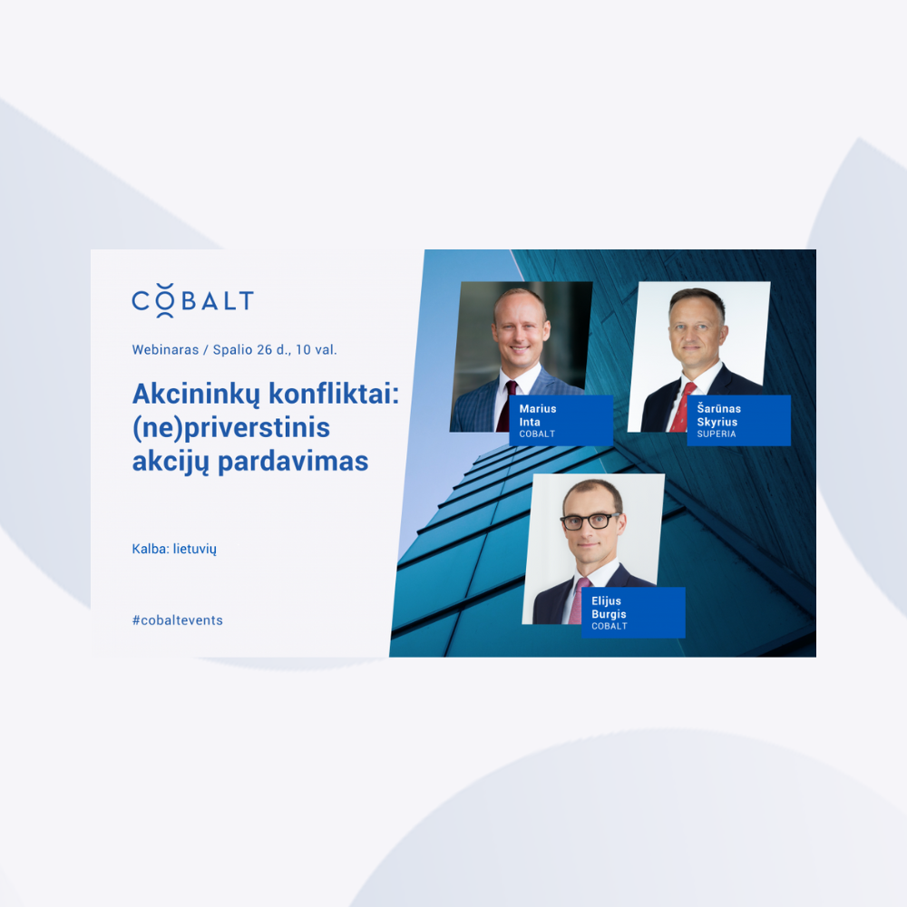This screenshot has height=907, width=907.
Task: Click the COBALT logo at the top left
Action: pos(192,301)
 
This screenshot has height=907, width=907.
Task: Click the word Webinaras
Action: pos(165,349)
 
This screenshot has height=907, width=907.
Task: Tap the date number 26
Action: pos(264,349)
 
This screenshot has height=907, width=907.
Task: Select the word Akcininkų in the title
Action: pos(196,395)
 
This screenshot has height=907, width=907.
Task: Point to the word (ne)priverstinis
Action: pos(231,429)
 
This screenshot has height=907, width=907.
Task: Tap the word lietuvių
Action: pos(195,549)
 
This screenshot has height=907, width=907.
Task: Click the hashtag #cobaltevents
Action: pos(178,620)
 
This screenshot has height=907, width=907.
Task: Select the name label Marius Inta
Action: pos(561,421)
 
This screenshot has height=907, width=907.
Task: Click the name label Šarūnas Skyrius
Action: pos(738,421)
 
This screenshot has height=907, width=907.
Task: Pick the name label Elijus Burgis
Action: pos(633,612)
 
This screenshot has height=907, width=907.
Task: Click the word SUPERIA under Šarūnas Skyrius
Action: pos(717,434)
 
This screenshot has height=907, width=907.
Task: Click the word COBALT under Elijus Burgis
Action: pos(610,626)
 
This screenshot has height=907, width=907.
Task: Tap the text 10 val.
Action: pos(317,349)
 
